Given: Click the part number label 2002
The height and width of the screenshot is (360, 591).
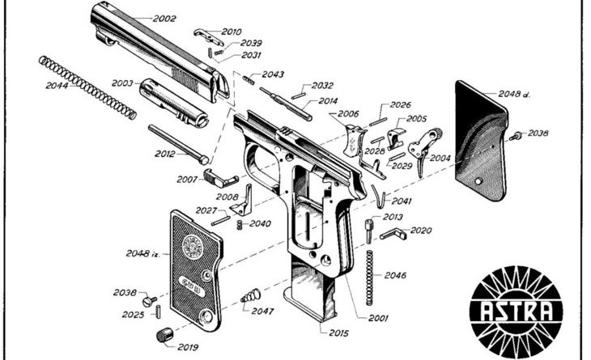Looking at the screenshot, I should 164,18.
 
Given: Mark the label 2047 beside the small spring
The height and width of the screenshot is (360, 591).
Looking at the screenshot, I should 264,311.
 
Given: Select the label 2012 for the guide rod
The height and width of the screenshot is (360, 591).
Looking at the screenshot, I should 164,153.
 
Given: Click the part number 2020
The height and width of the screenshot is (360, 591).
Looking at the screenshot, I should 421,230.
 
